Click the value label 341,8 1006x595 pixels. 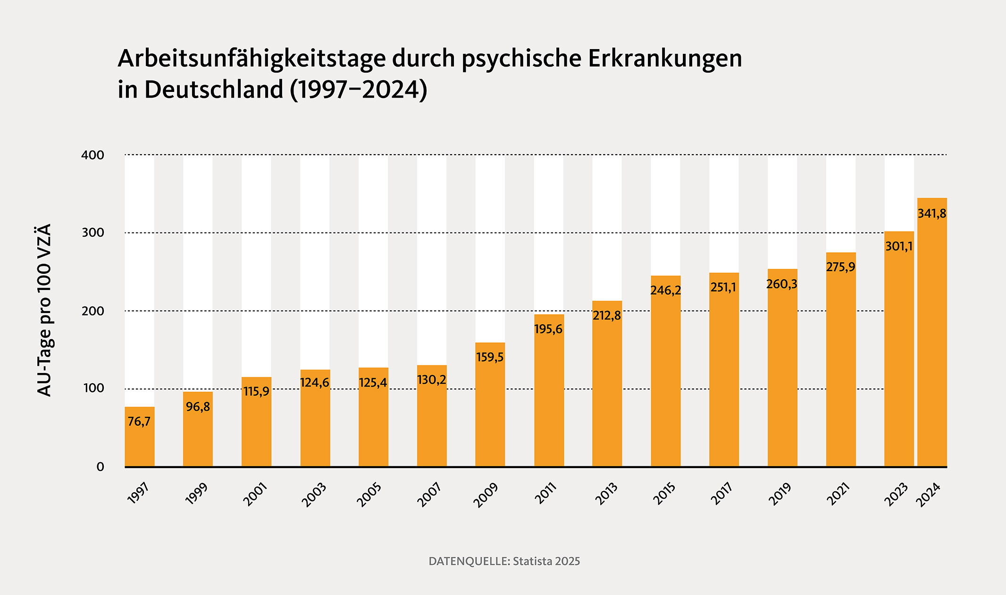pyautogui.click(x=932, y=214)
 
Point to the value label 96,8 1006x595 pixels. pyautogui.click(x=198, y=406)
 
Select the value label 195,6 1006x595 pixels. pyautogui.click(x=548, y=329)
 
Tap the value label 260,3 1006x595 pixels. pyautogui.click(x=782, y=284)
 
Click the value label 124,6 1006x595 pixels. pyautogui.click(x=315, y=382)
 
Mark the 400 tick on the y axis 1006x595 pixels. pyautogui.click(x=92, y=155)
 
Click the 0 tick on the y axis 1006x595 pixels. pyautogui.click(x=100, y=467)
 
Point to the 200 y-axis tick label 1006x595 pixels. pyautogui.click(x=92, y=311)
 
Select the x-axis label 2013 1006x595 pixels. pyautogui.click(x=606, y=494)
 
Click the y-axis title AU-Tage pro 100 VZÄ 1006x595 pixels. pyautogui.click(x=44, y=310)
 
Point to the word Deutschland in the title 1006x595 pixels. pyautogui.click(x=214, y=90)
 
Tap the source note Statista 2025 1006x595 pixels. pyautogui.click(x=546, y=562)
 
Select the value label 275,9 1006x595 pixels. pyautogui.click(x=840, y=267)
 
